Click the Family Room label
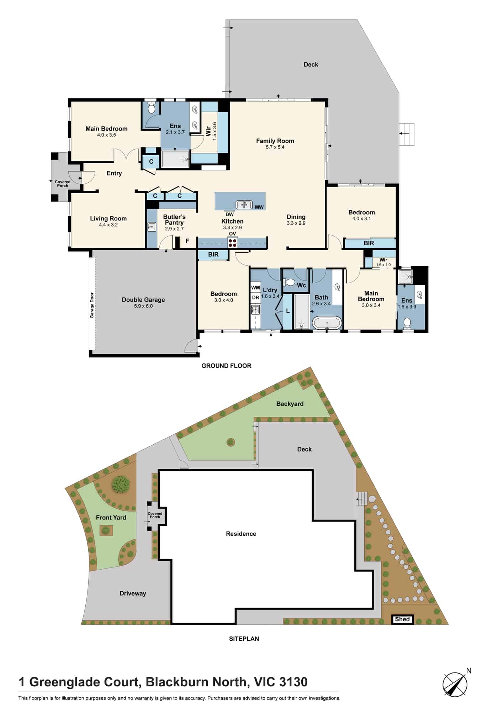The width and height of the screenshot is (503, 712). coord(275,141)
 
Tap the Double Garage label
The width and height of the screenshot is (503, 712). coord(143,300)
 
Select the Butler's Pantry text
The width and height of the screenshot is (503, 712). coord(174,220)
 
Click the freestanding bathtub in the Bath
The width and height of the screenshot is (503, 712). coord(327,323)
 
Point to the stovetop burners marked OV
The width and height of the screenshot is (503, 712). coord(233,243)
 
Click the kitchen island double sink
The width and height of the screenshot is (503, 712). coord(244,205)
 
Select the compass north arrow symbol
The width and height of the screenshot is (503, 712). coord(455,684)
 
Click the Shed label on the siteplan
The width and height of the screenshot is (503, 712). coord(402,619)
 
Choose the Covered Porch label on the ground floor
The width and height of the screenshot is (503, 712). coord(63,184)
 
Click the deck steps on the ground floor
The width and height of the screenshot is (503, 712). coord(406,134)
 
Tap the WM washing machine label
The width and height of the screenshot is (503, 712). coord(255,288)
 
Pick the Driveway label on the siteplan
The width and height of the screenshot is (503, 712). coord(133,593)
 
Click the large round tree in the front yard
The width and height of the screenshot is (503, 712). coord(121,484)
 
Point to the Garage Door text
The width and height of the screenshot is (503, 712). coord(92,305)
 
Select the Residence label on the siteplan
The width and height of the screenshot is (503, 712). coord(241,534)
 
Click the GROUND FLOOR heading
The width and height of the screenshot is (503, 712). coord(226,366)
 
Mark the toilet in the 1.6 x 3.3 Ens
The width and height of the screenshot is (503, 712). coord(407,323)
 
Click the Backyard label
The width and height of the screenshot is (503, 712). coord(290,404)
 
